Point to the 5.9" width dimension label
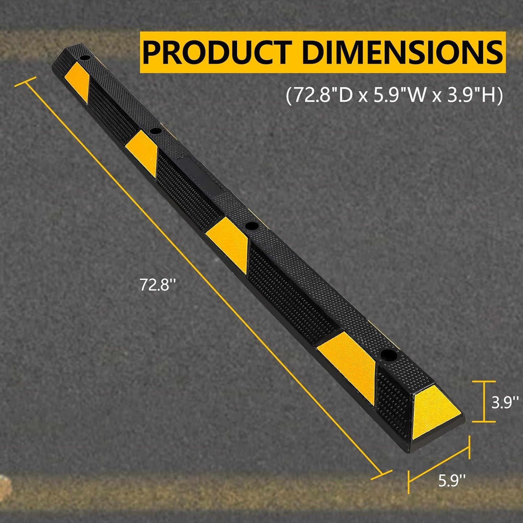tap(452, 481)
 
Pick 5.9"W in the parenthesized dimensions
tap(400, 96)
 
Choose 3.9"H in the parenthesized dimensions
tap(471, 96)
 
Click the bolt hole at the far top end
tap(85, 58)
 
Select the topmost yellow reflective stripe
tap(77, 81)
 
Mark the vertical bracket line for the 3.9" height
tap(484, 401)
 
